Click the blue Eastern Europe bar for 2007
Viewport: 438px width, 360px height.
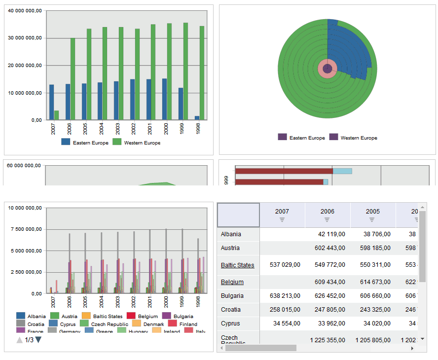[51, 102]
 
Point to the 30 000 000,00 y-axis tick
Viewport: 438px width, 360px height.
[25, 38]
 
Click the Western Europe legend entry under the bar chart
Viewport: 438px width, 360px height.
[137, 143]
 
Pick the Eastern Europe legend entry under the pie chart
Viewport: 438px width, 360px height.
[302, 138]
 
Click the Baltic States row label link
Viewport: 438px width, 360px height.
[237, 265]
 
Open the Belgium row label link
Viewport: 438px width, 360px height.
[232, 282]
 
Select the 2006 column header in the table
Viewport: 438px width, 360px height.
[328, 212]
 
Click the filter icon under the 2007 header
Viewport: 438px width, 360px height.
[282, 220]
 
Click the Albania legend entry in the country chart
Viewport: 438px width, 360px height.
[31, 316]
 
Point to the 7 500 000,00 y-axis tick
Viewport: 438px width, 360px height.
[25, 229]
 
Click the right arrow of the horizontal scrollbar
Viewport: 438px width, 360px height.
[412, 348]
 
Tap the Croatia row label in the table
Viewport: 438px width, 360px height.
[231, 310]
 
